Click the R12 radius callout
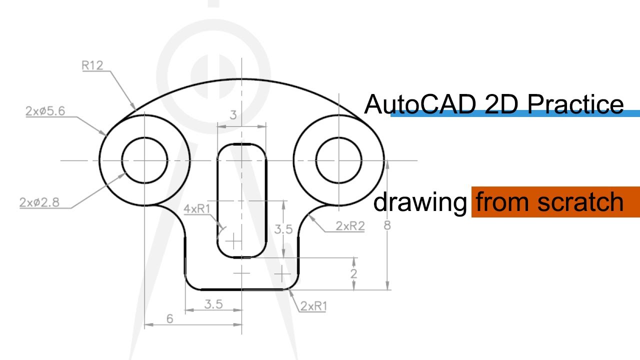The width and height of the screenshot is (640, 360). tap(92, 65)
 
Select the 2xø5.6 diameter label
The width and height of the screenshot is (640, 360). tap(45, 111)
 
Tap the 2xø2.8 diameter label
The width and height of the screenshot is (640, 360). tap(39, 202)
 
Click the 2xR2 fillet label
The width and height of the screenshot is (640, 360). tap(350, 226)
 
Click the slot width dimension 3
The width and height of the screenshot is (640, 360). tap(233, 115)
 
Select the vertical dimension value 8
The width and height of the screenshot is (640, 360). tap(386, 225)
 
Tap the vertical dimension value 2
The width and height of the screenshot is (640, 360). tap(353, 273)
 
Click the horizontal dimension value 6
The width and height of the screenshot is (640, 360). tap(169, 318)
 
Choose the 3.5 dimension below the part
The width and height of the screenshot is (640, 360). tap(213, 304)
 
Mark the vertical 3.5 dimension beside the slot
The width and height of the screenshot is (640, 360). tap(283, 229)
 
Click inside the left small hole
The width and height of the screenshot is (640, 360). tap(144, 160)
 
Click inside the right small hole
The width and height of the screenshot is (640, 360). tap(338, 160)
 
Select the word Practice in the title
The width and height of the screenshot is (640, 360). tap(574, 104)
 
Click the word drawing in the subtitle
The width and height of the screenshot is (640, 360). tap(420, 202)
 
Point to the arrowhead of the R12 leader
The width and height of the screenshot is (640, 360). tap(134, 108)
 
